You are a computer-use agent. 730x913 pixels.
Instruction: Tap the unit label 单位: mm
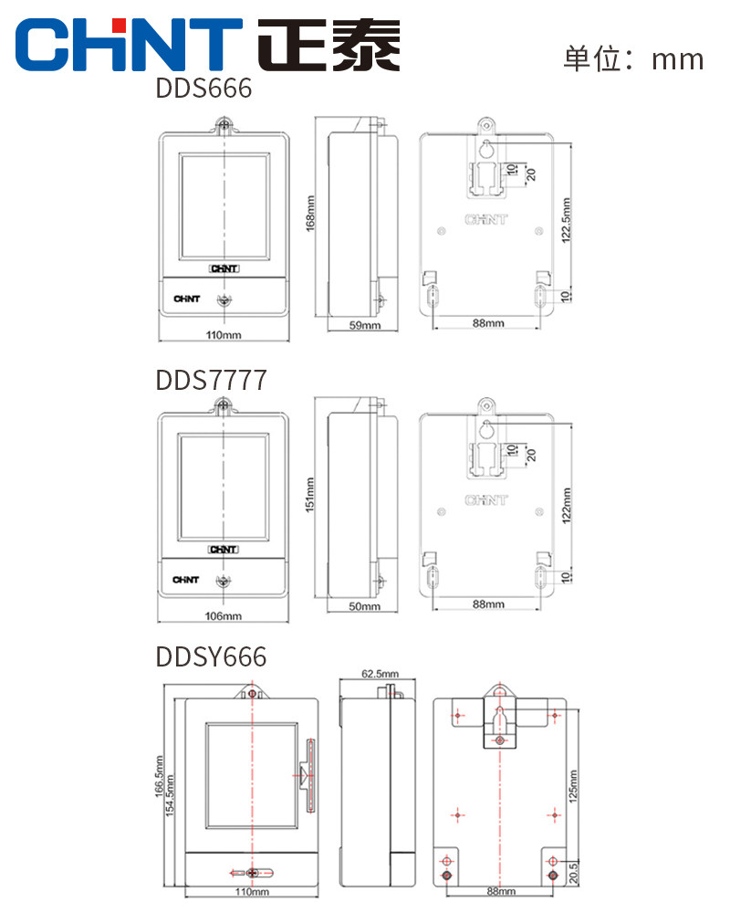click(633, 58)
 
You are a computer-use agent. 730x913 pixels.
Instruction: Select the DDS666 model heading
click(203, 89)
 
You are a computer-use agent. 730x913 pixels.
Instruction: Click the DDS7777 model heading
click(212, 380)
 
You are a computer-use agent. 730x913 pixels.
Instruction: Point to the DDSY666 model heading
click(211, 656)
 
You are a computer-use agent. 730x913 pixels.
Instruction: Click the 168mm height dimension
click(309, 214)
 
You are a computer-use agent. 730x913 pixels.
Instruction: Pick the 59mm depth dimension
click(364, 325)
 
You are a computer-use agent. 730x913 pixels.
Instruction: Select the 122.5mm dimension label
click(566, 220)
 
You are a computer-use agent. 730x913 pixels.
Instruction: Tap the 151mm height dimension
click(309, 495)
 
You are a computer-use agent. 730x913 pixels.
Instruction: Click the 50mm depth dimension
click(364, 606)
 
